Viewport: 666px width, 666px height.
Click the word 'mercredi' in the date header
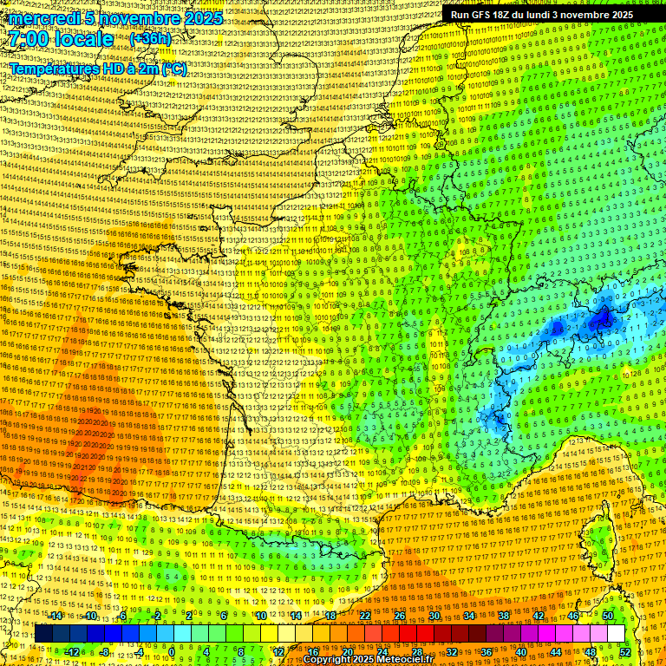[x=47, y=18]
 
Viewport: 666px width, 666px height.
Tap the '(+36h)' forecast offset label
[x=150, y=39]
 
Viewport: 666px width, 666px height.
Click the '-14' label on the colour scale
[x=55, y=616]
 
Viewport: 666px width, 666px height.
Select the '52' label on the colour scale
[x=624, y=651]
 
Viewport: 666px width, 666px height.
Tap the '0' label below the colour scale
[x=173, y=651]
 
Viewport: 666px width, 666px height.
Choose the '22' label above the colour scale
[x=365, y=616]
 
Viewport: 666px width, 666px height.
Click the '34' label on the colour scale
[x=469, y=616]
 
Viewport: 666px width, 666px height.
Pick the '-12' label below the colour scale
[x=72, y=651]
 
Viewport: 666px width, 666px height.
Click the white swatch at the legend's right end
[x=616, y=634]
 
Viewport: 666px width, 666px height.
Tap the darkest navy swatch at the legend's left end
[x=43, y=634]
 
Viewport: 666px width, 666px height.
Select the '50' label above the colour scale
[x=608, y=616]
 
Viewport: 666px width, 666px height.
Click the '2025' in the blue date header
[x=200, y=18]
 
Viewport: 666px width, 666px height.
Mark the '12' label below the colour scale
[x=278, y=651]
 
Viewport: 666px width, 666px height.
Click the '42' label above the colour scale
[x=539, y=616]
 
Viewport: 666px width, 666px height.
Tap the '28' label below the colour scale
[x=417, y=651]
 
